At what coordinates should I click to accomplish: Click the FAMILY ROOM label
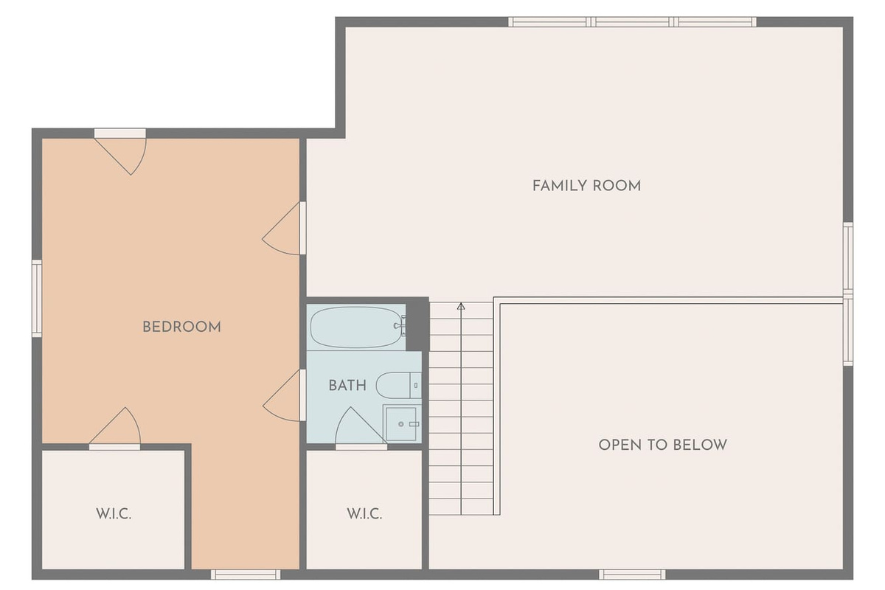pyautogui.click(x=586, y=186)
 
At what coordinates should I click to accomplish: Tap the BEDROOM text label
pyautogui.click(x=181, y=327)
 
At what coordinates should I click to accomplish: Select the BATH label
pyautogui.click(x=347, y=385)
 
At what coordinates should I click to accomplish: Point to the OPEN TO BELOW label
pyautogui.click(x=662, y=445)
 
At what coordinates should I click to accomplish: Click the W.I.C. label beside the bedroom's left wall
pyautogui.click(x=114, y=514)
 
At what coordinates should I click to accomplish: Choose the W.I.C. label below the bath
pyautogui.click(x=364, y=514)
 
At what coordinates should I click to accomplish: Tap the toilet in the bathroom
pyautogui.click(x=398, y=385)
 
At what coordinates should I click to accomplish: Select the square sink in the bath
pyautogui.click(x=401, y=423)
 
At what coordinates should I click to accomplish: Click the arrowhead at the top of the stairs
pyautogui.click(x=461, y=306)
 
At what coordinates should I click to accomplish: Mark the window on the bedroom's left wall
pyautogui.click(x=37, y=299)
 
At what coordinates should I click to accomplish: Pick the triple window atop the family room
pyautogui.click(x=632, y=21)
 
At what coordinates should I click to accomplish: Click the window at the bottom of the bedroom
pyautogui.click(x=246, y=575)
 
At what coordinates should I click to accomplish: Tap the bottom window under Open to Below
pyautogui.click(x=632, y=575)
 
